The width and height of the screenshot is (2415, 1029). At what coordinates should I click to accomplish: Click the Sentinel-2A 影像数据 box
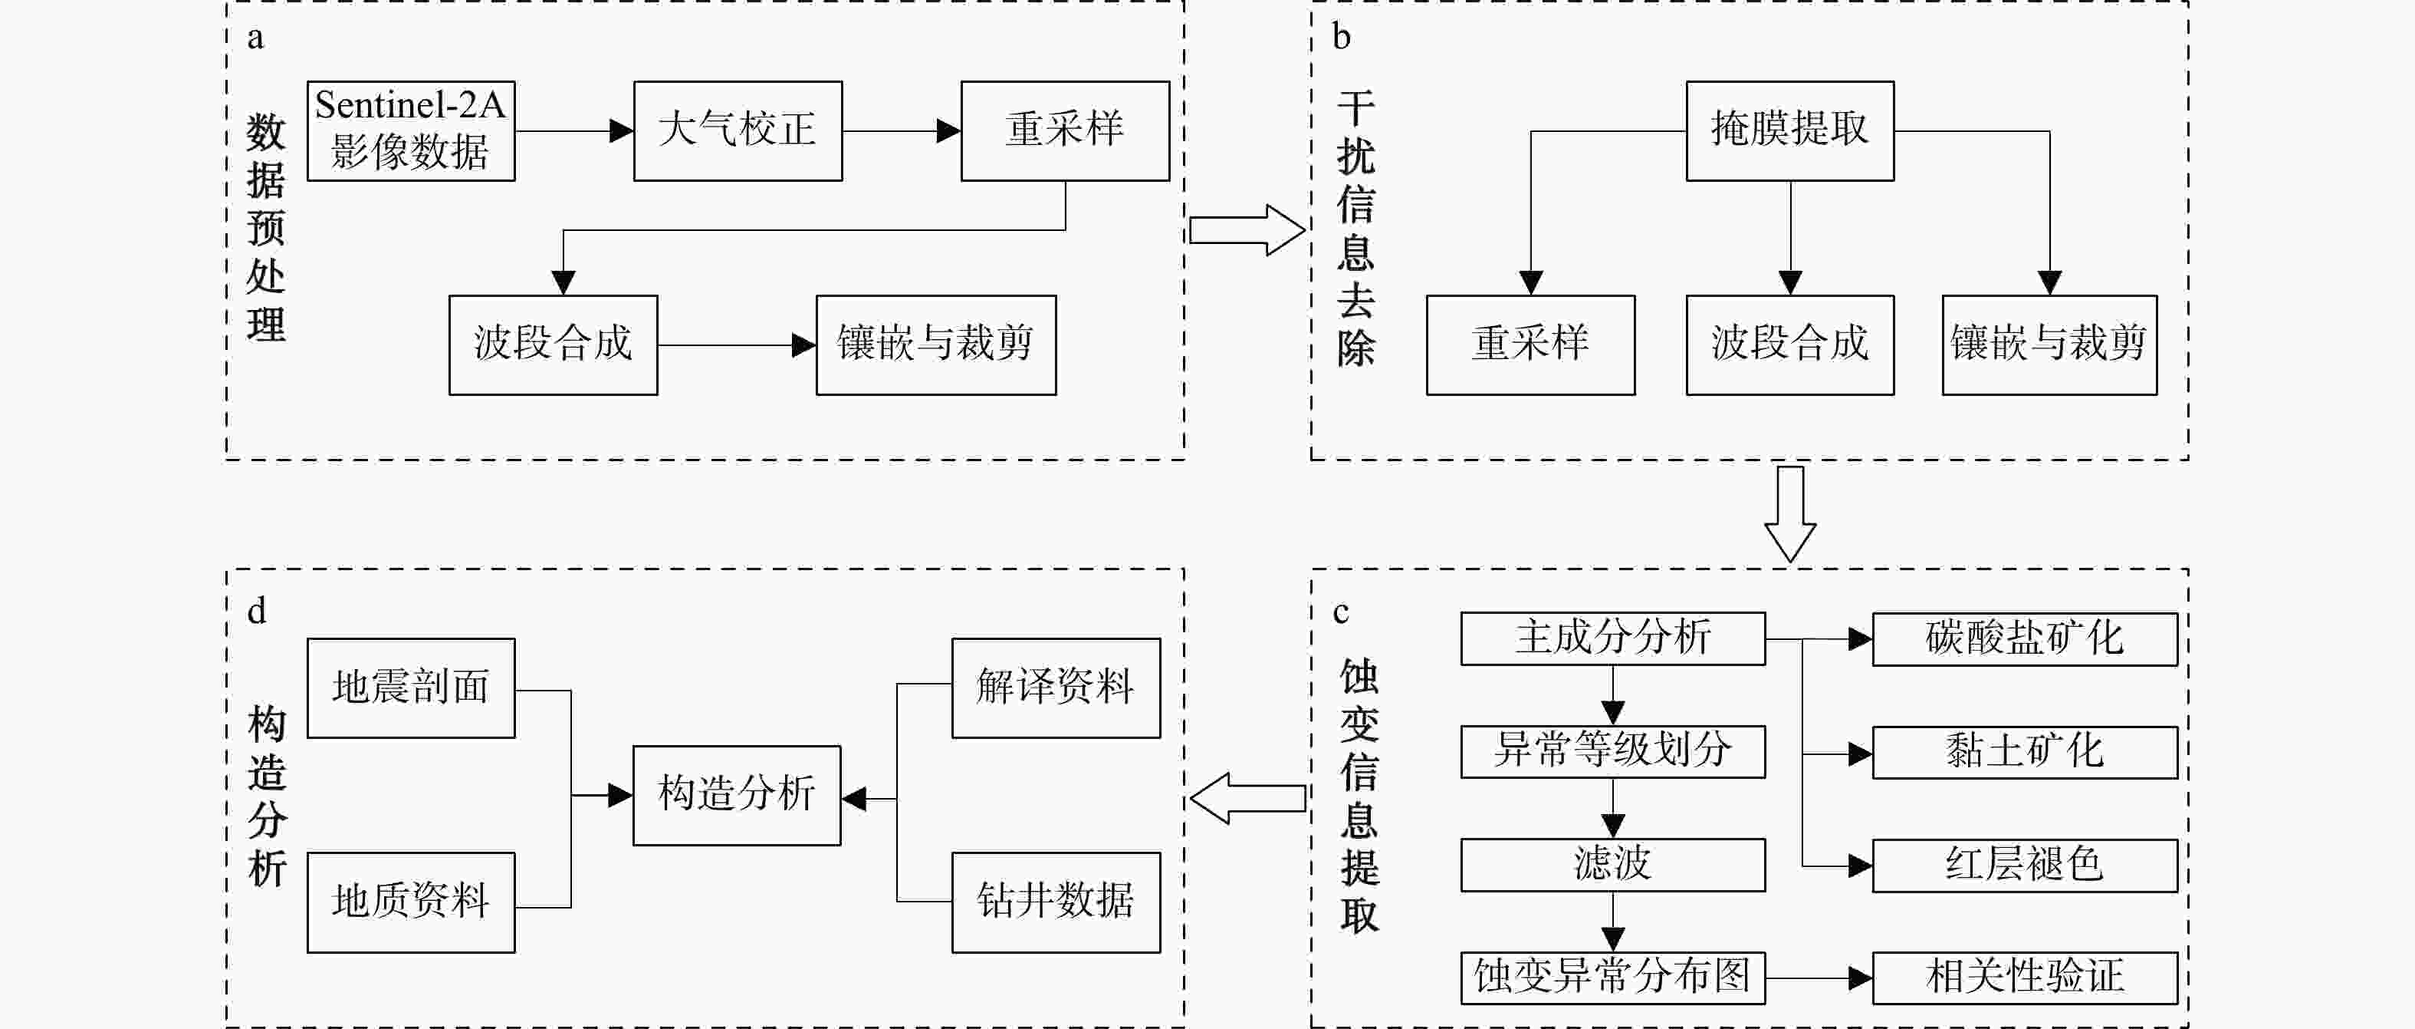pos(411,130)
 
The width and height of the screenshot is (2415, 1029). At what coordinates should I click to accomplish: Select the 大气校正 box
pos(737,130)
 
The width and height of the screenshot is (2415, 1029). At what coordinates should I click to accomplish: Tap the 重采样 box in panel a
pos(1065,130)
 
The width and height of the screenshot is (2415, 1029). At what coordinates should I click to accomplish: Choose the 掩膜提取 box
pos(1789,130)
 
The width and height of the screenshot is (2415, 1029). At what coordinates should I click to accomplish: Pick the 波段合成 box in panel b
pos(1789,345)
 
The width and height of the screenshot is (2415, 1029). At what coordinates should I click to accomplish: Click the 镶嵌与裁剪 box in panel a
pos(935,345)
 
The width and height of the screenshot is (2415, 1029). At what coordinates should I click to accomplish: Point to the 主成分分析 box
pos(1612,638)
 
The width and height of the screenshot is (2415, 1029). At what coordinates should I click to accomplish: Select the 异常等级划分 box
pos(1612,750)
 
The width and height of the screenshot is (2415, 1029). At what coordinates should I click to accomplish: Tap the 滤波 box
pos(1612,864)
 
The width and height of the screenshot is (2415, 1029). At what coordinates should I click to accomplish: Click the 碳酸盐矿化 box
pos(2024,638)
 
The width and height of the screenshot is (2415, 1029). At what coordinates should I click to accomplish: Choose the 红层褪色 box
pos(2024,865)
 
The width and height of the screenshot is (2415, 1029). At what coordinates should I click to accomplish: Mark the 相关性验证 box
pos(2024,978)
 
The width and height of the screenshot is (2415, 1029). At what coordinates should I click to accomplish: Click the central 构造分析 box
pos(737,794)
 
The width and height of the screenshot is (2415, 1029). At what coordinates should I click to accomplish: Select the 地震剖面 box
pos(411,688)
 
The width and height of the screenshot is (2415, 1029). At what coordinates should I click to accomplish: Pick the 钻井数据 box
pos(1056,902)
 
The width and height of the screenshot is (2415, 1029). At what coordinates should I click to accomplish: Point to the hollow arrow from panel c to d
pos(1247,798)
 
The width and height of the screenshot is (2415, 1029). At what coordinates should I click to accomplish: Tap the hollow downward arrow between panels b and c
pos(1789,513)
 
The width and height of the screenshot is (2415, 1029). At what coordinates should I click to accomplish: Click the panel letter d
pos(257,611)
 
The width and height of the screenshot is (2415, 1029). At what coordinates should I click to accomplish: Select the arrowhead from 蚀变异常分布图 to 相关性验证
pos(1860,978)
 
